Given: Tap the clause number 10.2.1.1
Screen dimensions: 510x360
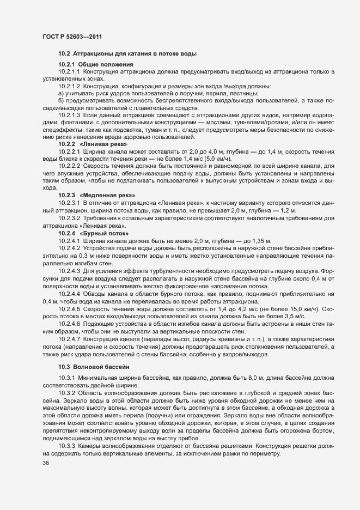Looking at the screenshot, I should point(69,72).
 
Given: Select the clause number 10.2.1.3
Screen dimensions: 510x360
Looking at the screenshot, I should point(69,115).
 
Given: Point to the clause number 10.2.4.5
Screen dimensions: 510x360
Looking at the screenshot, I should point(69,308).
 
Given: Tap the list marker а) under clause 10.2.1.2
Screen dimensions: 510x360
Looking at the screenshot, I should point(62,93).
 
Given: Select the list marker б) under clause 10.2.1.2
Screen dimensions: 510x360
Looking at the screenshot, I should point(62,101).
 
